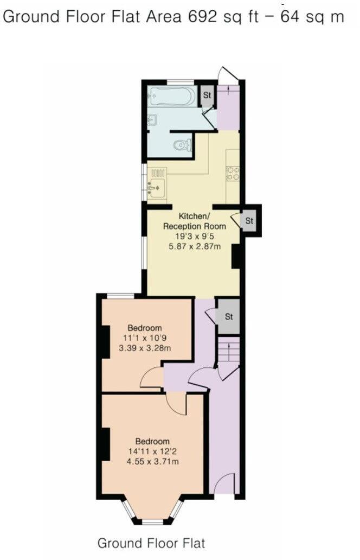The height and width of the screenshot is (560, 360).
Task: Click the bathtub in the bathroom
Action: coord(171,97)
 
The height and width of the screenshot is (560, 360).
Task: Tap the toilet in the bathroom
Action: coord(182,145)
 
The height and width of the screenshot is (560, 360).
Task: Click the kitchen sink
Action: coord(156,188)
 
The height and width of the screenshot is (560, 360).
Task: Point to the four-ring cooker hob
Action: coord(234,173)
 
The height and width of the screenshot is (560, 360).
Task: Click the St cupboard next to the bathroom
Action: coord(207,96)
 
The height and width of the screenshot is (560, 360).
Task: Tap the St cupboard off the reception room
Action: coord(249,221)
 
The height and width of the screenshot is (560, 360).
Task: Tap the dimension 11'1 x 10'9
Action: coord(145,338)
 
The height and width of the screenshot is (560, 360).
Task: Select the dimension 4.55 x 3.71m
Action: coord(152,462)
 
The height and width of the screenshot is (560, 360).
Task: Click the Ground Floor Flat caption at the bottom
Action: coord(151,543)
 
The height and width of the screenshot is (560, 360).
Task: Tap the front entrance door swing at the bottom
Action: coord(224,484)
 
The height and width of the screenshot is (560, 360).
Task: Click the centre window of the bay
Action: coord(152,522)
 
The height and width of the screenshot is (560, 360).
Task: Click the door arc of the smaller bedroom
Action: coord(150,378)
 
